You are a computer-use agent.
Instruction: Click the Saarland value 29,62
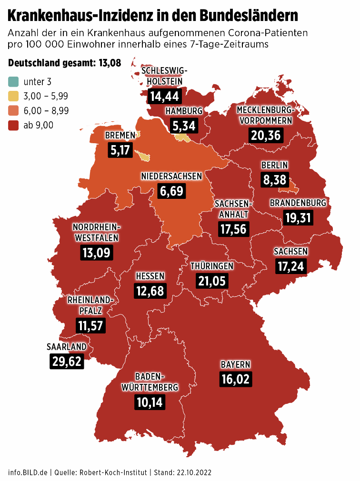pyautogui.click(x=67, y=361)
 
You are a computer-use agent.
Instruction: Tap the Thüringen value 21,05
pyautogui.click(x=212, y=281)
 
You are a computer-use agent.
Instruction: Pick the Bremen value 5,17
pyautogui.click(x=120, y=150)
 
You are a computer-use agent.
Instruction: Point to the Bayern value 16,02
pyautogui.click(x=235, y=379)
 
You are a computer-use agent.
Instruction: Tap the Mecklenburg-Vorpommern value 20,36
pyautogui.click(x=266, y=135)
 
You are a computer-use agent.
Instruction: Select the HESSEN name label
pyautogui.click(x=150, y=276)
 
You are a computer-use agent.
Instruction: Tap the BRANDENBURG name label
pyautogui.click(x=298, y=203)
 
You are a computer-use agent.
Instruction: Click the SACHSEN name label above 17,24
pyautogui.click(x=290, y=251)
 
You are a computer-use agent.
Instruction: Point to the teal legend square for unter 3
pyautogui.click(x=14, y=81)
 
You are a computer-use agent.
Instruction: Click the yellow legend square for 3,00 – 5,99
pyautogui.click(x=14, y=96)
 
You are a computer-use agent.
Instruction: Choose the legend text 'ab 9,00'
pyautogui.click(x=39, y=125)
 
